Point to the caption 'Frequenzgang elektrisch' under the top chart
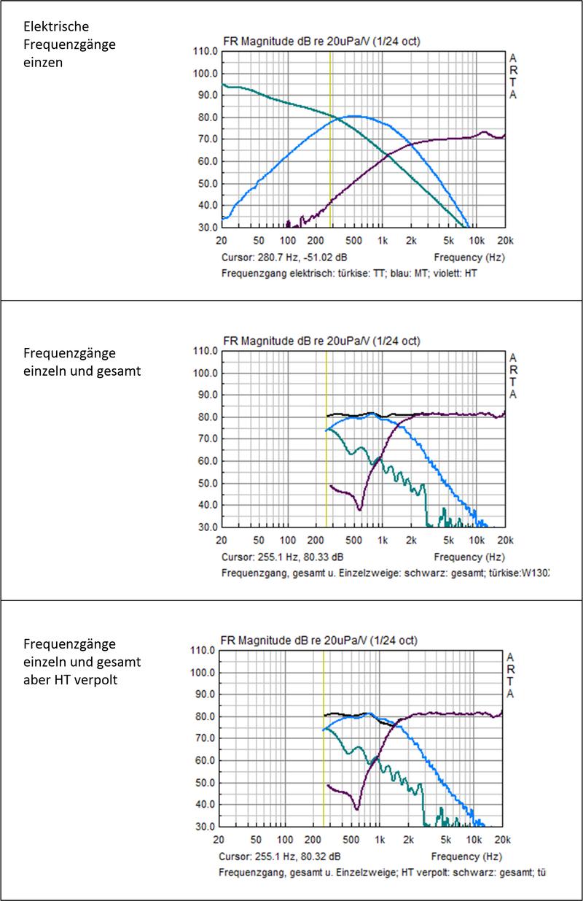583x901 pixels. [x=278, y=274]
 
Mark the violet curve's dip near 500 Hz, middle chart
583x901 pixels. [x=359, y=509]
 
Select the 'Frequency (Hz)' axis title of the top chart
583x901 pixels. [x=469, y=258]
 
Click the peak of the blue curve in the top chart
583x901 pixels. [x=354, y=116]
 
